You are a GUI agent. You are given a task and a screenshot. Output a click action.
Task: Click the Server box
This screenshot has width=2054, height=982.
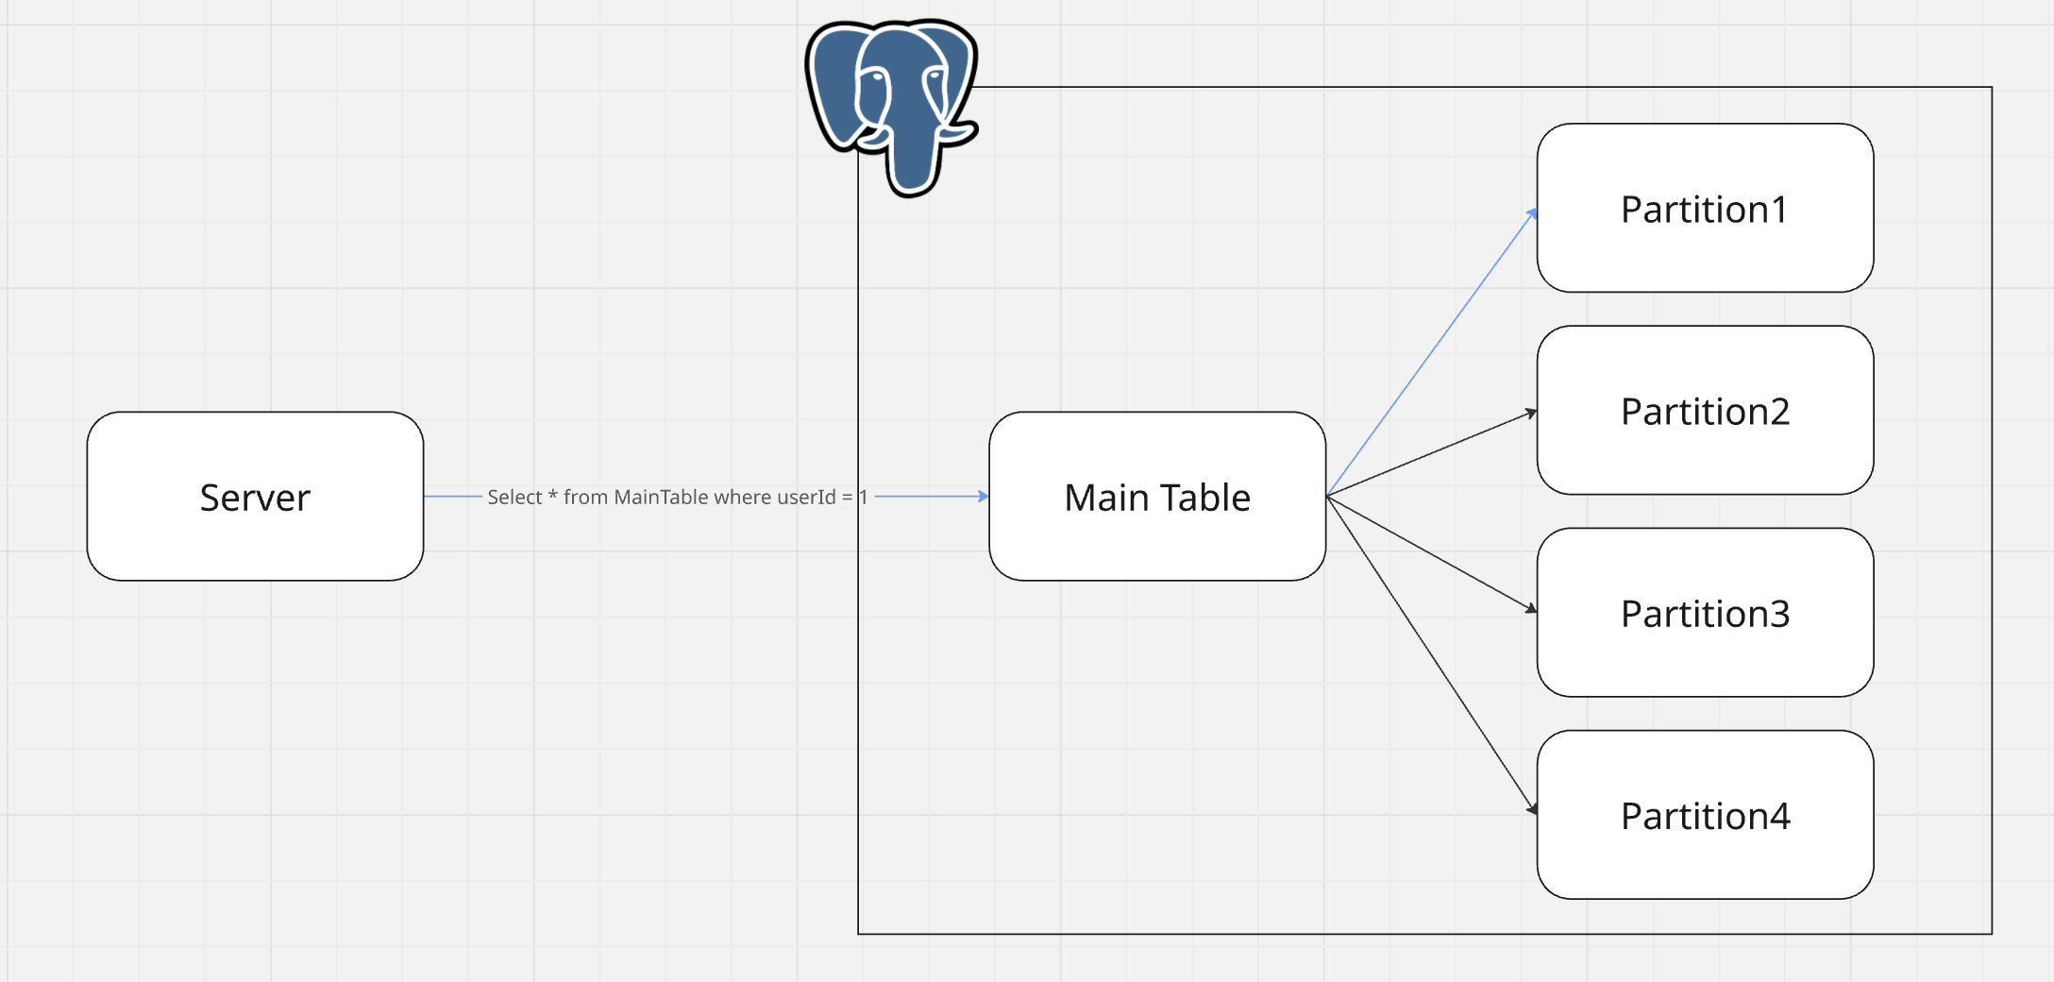click(255, 496)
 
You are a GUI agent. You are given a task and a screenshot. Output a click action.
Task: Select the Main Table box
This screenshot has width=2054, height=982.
click(1157, 496)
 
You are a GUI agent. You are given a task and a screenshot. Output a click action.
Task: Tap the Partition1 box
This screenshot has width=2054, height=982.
click(1705, 208)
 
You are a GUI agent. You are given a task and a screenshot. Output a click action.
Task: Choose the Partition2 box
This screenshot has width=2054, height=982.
click(1705, 410)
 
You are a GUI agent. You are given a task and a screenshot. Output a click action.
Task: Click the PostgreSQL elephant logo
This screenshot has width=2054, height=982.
click(892, 104)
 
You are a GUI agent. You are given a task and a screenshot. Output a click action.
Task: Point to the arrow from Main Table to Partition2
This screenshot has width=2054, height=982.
click(1431, 453)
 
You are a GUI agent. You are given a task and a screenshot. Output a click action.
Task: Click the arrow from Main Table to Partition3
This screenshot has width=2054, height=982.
click(1431, 553)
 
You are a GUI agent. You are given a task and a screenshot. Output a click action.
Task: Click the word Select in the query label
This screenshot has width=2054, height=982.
click(514, 497)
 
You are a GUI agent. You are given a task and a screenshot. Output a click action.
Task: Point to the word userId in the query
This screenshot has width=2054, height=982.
click(806, 497)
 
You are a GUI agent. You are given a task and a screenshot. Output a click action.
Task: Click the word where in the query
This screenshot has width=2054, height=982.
click(742, 497)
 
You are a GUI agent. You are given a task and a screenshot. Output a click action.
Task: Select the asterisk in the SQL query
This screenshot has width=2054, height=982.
click(553, 495)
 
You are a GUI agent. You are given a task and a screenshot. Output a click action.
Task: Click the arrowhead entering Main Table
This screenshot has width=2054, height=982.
click(983, 496)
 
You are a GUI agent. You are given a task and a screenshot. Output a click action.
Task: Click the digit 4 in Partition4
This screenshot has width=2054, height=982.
click(1778, 816)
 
